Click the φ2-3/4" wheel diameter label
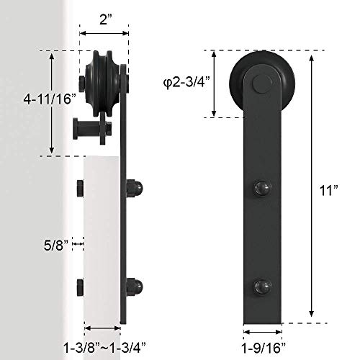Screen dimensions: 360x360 point(183,84)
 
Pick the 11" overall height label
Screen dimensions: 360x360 point(328,190)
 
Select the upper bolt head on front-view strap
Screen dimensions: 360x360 point(261,191)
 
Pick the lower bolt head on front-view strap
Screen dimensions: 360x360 point(261,287)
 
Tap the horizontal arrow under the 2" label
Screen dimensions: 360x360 point(104,33)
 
